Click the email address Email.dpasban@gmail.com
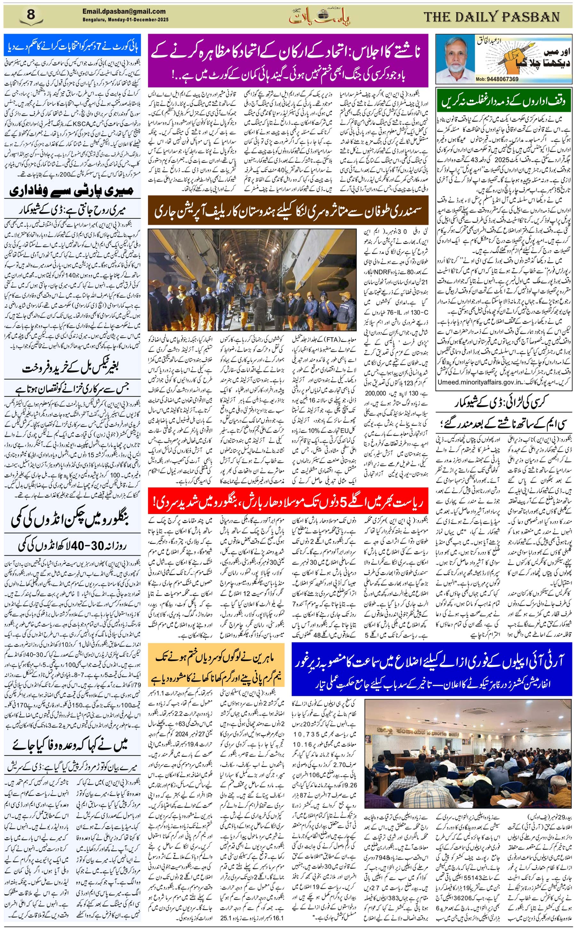(x=124, y=12)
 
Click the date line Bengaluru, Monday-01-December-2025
(x=125, y=20)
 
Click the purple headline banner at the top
(x=288, y=60)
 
